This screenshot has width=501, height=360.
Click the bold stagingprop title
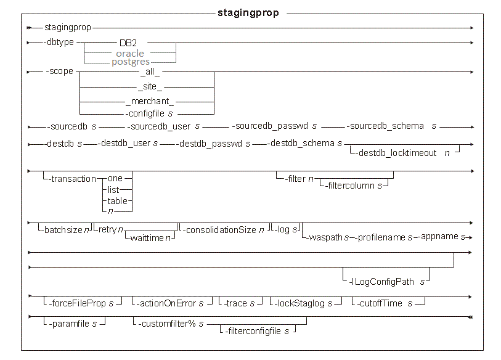pos(248,13)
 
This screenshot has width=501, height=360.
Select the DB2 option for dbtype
pos(128,43)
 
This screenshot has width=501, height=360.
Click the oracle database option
pos(130,54)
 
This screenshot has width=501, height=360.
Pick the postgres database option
pos(131,62)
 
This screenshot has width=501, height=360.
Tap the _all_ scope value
pos(150,72)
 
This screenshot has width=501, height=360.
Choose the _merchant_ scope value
pos(150,101)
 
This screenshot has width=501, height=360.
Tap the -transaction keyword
pos(72,179)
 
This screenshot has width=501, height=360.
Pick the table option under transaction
pos(117,201)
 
